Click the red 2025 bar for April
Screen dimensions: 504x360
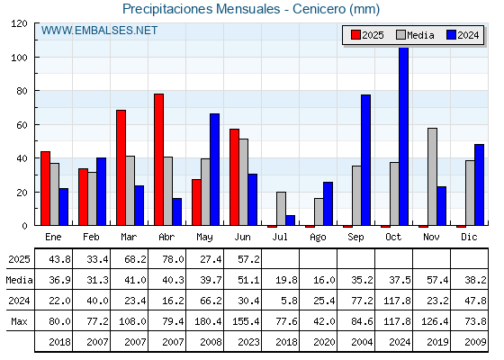pos(158,159)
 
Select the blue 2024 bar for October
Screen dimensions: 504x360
pos(403,136)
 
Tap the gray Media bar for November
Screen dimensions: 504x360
pos(432,176)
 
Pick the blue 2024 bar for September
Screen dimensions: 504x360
pos(365,160)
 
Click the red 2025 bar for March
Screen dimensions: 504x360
pos(121,167)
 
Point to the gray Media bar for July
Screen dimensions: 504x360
pos(281,209)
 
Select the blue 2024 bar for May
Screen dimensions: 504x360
pos(215,169)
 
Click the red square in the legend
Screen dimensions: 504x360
pos(355,35)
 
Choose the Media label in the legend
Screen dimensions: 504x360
pos(420,35)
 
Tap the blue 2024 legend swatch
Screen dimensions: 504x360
pos(451,35)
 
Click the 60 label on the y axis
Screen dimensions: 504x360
pos(22,125)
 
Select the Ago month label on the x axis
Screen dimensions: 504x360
pos(318,238)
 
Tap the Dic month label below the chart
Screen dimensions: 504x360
pos(469,237)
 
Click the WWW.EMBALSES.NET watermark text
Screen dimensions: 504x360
pos(99,31)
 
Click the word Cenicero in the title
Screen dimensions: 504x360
pos(319,9)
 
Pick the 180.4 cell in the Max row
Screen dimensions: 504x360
pos(208,321)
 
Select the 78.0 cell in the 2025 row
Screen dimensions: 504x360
pos(173,259)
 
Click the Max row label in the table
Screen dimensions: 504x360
pos(19,321)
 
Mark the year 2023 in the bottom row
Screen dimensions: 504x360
pos(248,342)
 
